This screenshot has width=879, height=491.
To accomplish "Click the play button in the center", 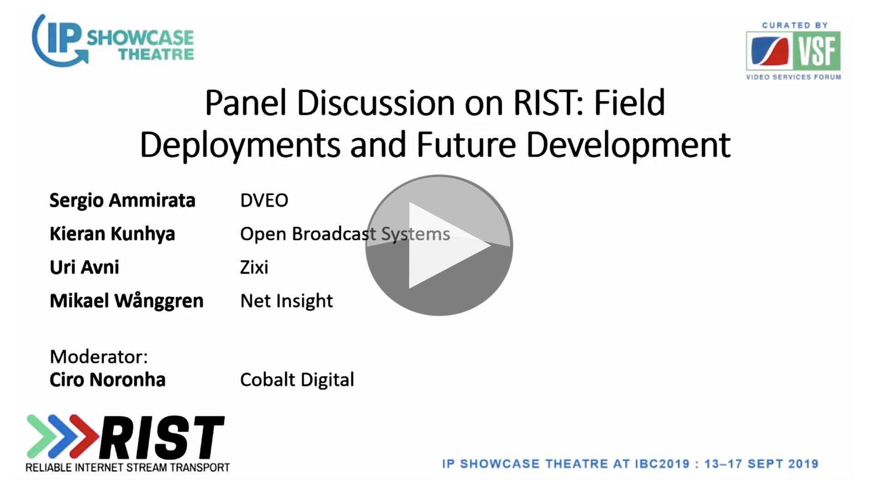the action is click(x=439, y=245).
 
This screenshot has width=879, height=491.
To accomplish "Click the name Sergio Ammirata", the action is click(x=122, y=201).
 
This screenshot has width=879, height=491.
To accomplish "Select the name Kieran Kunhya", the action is click(x=112, y=234).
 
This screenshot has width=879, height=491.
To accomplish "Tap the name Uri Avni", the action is click(x=84, y=267).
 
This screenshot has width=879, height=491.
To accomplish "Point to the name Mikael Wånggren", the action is click(x=126, y=301).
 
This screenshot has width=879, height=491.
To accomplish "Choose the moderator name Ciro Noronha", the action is click(x=107, y=380).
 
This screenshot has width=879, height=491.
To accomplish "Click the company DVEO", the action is click(x=264, y=200).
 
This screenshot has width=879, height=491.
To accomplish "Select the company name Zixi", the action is click(x=254, y=267).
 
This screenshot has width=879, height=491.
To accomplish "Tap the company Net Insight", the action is click(x=287, y=301).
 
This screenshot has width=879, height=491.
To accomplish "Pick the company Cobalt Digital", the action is click(x=297, y=380).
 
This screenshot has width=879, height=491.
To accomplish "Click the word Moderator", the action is click(x=99, y=356).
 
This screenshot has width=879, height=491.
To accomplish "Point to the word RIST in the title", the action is click(x=548, y=103).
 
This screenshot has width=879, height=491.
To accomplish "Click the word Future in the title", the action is click(x=466, y=145).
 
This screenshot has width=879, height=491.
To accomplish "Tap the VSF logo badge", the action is click(x=793, y=51).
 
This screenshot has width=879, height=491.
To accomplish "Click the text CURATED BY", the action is click(x=795, y=25).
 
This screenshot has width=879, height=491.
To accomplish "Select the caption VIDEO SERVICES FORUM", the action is click(x=794, y=77).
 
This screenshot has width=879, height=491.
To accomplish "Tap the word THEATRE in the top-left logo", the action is click(x=157, y=54).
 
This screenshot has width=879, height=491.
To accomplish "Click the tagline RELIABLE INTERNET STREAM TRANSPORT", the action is click(x=128, y=468).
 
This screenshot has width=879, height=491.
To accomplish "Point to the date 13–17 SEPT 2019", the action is click(x=761, y=464).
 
